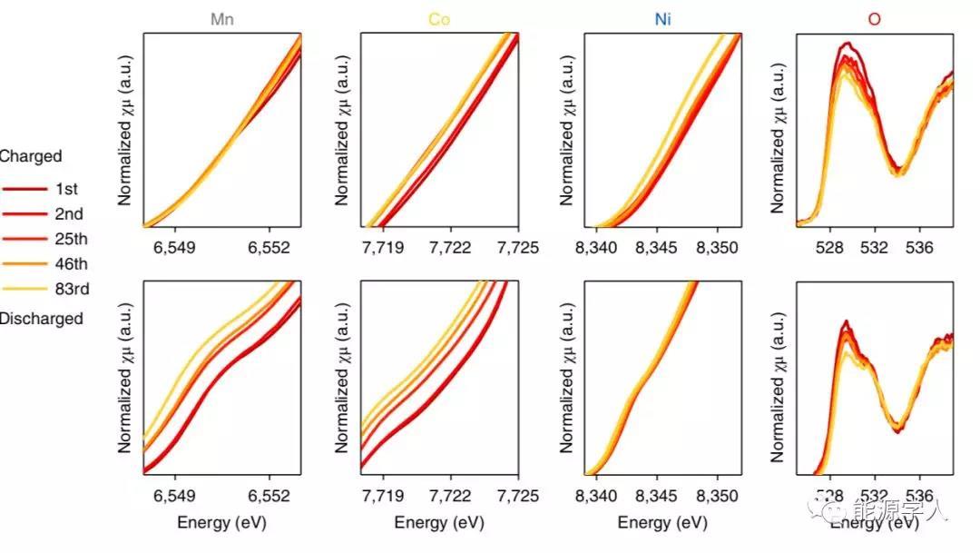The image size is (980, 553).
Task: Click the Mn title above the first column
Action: click(x=223, y=18)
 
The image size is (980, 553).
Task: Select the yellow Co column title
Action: click(x=439, y=18)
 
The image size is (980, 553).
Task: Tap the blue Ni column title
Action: click(x=663, y=18)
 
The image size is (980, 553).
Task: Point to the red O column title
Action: click(x=874, y=18)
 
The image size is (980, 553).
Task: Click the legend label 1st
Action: click(x=66, y=189)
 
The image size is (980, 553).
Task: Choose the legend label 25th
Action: click(x=69, y=240)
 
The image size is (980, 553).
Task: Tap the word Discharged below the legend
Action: click(x=41, y=319)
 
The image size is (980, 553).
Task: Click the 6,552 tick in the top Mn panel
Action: click(x=269, y=247)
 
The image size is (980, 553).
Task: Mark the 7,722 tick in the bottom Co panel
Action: click(x=451, y=496)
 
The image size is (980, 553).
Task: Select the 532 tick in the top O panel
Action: click(x=875, y=247)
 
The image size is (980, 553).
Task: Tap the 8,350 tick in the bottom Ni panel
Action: click(x=718, y=496)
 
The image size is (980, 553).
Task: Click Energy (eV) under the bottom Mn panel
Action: click(x=221, y=523)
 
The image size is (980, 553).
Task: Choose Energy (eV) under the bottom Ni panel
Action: click(x=662, y=523)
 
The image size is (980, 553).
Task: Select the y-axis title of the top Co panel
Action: click(x=344, y=131)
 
